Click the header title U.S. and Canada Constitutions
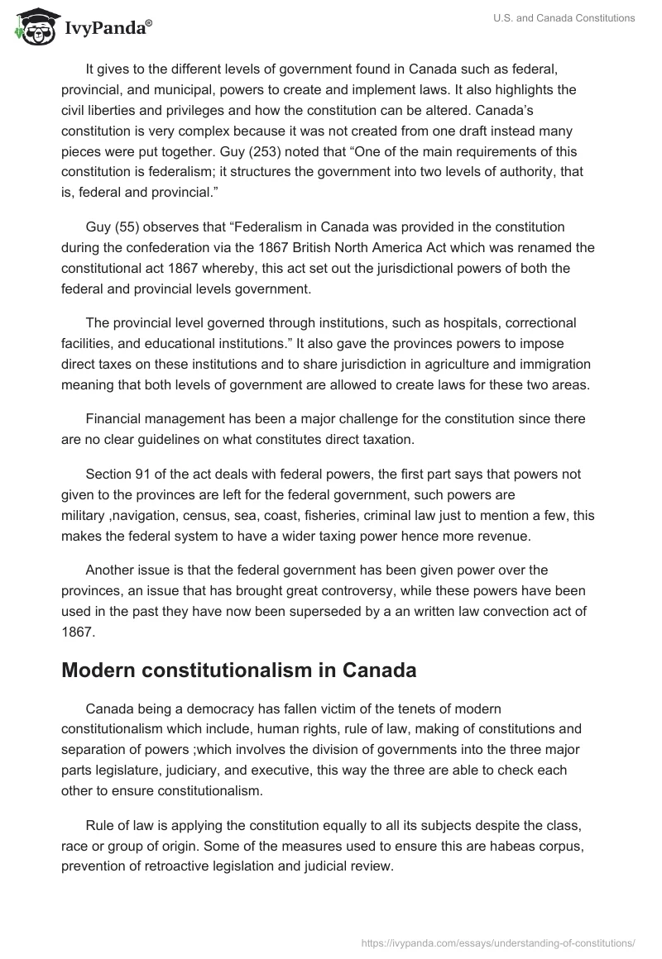pos(570,18)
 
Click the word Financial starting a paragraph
pos(117,419)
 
